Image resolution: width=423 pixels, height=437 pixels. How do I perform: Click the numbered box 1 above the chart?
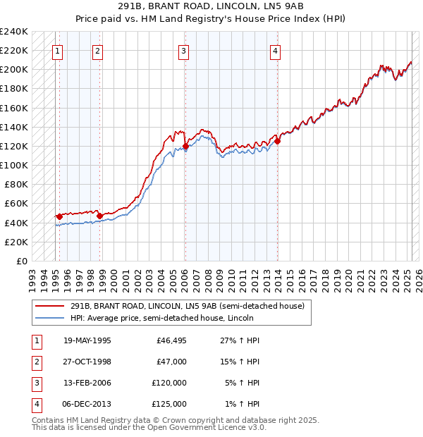[56, 51]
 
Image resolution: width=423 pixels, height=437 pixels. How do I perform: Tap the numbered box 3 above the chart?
[183, 51]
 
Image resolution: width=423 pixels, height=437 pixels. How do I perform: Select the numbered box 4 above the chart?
[276, 51]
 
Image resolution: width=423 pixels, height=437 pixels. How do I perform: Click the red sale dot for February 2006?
[185, 147]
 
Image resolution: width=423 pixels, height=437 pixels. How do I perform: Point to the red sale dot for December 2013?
[278, 141]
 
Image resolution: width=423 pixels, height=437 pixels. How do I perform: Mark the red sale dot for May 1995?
[59, 216]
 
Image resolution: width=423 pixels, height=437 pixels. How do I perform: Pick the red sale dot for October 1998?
[100, 216]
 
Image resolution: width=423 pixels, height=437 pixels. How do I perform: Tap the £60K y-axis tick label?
[16, 204]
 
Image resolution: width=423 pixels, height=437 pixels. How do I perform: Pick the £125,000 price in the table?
[169, 405]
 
